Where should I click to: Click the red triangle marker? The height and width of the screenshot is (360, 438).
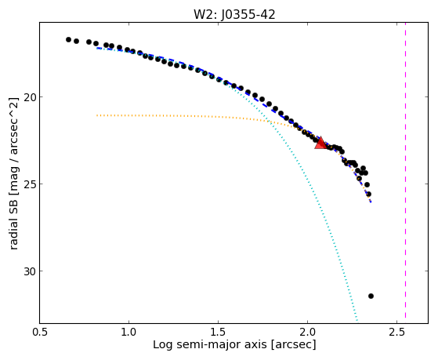tap(320, 143)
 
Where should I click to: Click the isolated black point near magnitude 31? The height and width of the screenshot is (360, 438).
tap(371, 296)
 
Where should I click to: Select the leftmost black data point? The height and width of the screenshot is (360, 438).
tap(68, 39)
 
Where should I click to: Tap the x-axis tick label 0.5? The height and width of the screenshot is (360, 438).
tap(40, 332)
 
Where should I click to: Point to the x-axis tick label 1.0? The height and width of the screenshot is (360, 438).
tap(129, 332)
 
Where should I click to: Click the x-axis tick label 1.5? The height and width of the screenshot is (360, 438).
tap(218, 332)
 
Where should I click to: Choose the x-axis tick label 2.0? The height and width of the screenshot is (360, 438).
tap(307, 332)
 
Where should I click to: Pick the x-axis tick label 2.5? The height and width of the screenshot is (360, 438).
tap(396, 332)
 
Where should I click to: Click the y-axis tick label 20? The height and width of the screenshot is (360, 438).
tap(30, 97)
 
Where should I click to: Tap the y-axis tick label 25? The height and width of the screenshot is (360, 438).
tap(30, 184)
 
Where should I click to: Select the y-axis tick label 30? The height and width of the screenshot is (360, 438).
tap(30, 271)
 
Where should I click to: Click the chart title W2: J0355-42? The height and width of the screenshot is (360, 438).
tap(234, 15)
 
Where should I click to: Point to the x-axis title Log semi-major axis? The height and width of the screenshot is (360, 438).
tap(210, 344)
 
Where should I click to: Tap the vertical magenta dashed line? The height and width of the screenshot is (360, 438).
tap(405, 170)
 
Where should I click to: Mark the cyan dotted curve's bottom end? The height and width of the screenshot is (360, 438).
tap(357, 320)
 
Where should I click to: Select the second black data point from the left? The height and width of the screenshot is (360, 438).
tap(76, 41)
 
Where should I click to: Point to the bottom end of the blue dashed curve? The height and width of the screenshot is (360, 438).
tap(371, 202)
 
